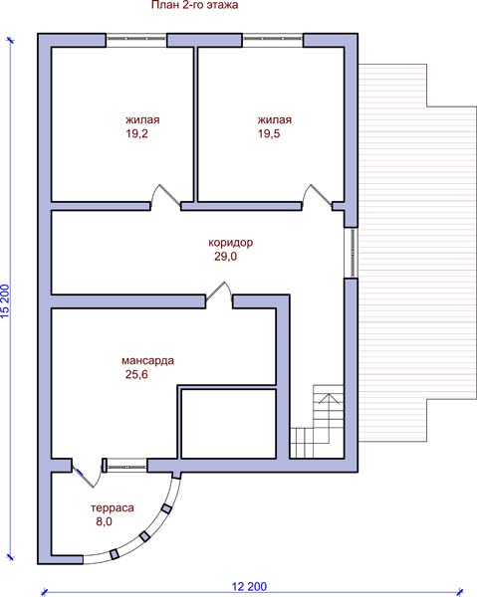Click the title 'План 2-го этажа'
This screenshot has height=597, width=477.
point(195,5)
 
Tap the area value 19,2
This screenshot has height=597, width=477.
point(136,133)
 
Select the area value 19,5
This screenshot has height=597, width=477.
point(269,133)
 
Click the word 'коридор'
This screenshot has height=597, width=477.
point(230,243)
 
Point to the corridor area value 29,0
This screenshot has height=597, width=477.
point(225,257)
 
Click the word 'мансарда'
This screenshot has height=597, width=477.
point(147,360)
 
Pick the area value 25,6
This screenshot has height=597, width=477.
point(136,375)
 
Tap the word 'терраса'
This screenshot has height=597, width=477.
point(113,507)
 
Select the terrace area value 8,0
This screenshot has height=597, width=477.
point(104,521)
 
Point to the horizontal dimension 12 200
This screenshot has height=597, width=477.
point(250,586)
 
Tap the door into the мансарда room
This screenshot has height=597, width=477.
point(219,295)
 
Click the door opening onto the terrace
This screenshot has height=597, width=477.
point(87,474)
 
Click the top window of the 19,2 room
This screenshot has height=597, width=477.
point(136,40)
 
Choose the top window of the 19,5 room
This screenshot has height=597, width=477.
point(273,40)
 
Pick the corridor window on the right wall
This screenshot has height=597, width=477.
point(352,253)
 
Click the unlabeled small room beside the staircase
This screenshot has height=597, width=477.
point(229,424)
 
